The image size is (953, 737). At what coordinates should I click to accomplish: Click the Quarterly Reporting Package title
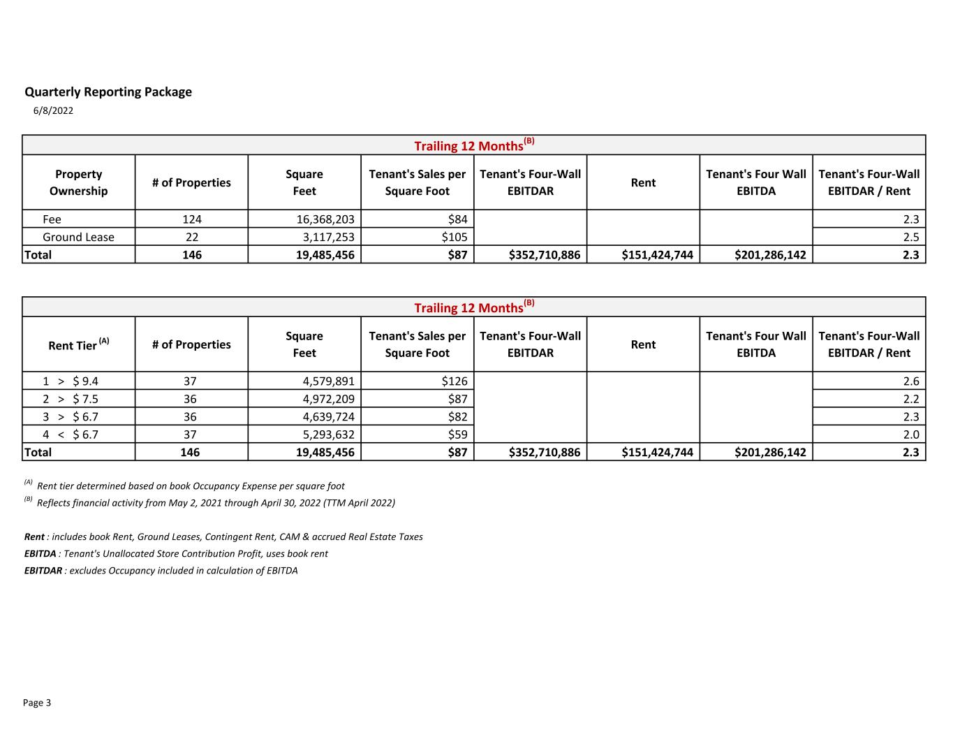coord(108,92)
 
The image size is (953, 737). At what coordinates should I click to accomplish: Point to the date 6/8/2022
coord(53,110)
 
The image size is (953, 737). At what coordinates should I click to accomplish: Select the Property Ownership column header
coord(78,182)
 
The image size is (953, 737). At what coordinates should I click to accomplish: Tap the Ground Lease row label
coord(78,237)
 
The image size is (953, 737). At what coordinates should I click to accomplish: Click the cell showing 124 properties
coord(191,219)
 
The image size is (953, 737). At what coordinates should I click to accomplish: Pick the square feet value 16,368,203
coord(325,219)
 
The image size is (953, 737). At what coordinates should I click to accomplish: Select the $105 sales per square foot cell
coord(454,237)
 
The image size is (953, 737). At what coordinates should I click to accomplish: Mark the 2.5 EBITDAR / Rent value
coord(910,237)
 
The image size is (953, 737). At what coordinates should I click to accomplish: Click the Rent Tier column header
coord(78,344)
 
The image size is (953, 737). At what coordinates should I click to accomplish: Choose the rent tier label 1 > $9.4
coord(71,381)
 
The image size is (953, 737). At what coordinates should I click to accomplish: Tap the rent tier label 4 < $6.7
coord(71,435)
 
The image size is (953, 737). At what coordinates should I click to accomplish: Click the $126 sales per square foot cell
coord(454,381)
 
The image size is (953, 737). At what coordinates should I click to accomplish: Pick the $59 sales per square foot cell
coord(457,435)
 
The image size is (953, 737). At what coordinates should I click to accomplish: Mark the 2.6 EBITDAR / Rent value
coord(910,381)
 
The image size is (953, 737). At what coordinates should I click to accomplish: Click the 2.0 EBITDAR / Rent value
coord(910,435)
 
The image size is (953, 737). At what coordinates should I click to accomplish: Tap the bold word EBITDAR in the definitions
coord(43,571)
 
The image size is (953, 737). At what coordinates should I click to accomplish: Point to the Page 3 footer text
coord(37,703)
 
